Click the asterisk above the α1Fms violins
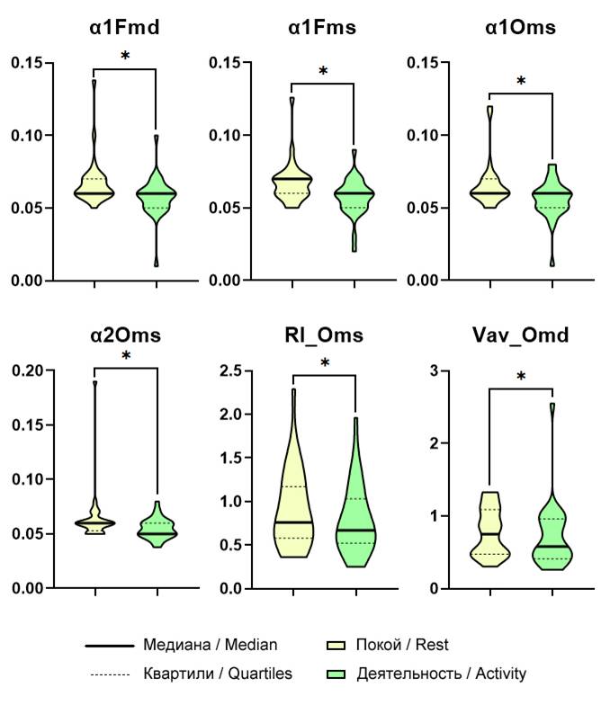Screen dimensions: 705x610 click(323, 71)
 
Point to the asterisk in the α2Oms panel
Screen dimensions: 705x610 click(126, 356)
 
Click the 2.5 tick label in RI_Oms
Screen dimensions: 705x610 click(230, 370)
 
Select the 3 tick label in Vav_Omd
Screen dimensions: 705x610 click(437, 370)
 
